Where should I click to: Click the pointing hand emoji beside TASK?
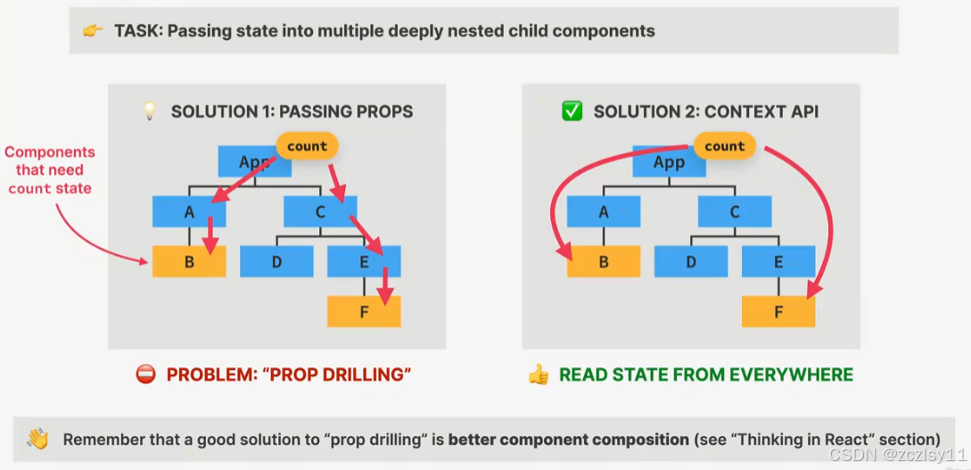click(93, 31)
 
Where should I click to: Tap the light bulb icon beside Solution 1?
click(150, 111)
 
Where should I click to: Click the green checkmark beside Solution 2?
click(572, 111)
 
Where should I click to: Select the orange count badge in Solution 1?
click(308, 146)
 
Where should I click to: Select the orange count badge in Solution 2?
click(724, 146)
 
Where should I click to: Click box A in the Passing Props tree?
click(188, 211)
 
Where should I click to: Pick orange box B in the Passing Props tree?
click(188, 261)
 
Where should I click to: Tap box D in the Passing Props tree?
click(276, 261)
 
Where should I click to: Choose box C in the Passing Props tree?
click(320, 211)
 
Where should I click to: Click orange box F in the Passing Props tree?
click(364, 311)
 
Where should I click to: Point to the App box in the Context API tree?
click(668, 162)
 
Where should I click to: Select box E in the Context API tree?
click(778, 262)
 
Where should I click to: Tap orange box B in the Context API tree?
click(603, 262)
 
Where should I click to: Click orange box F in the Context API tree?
click(778, 311)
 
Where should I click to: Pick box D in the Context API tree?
click(690, 262)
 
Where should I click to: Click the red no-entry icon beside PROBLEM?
click(145, 375)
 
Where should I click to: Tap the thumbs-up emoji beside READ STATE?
click(538, 375)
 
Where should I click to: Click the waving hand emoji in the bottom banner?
click(37, 439)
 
